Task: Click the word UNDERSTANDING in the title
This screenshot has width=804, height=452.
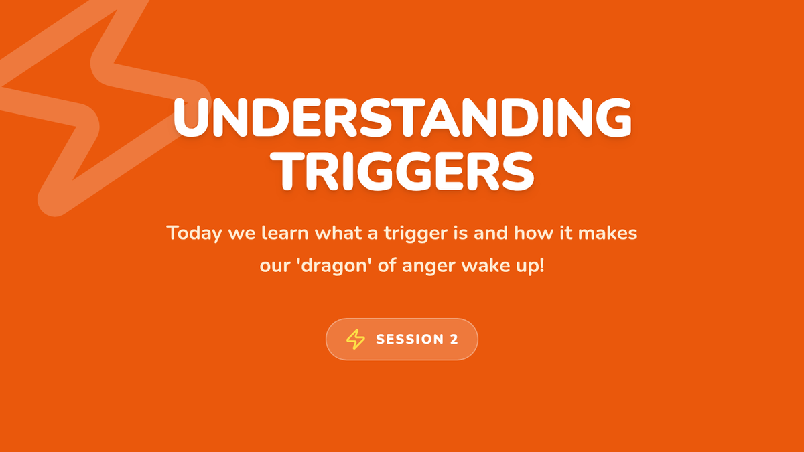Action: tap(402, 118)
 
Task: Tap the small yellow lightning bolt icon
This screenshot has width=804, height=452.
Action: tap(355, 339)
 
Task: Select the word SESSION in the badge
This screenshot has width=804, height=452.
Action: tap(410, 340)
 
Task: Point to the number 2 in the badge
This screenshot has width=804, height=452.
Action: tap(454, 340)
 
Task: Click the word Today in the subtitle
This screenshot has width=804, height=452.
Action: tap(194, 234)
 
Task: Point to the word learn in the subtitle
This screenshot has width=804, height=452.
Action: tap(285, 233)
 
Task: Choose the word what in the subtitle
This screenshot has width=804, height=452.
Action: tap(338, 233)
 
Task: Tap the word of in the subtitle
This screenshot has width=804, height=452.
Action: tap(387, 266)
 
